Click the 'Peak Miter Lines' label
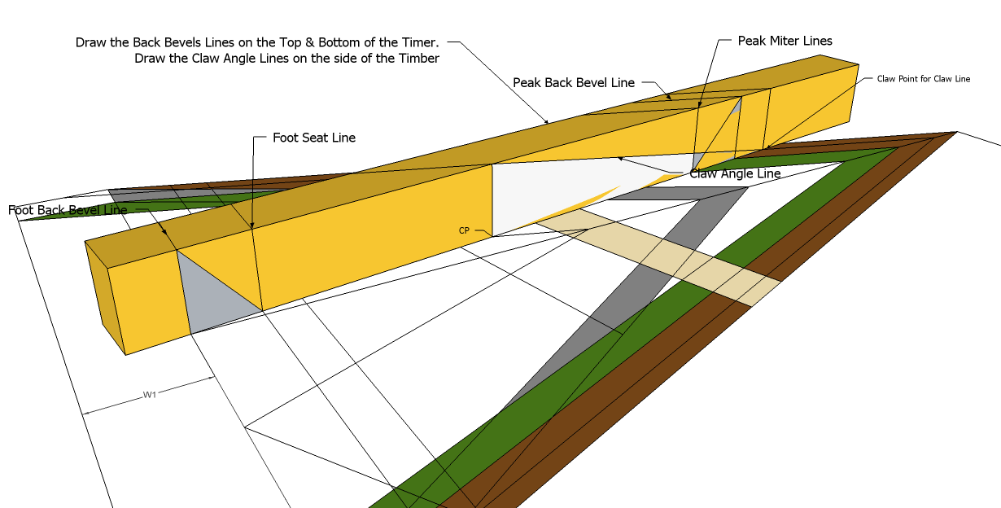(785, 41)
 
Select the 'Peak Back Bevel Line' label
(574, 83)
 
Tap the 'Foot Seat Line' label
(314, 138)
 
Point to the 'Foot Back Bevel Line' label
(68, 210)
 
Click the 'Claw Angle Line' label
(735, 173)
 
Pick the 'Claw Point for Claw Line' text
(924, 79)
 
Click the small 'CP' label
(464, 230)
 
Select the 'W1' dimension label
(150, 395)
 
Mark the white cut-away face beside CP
(553, 191)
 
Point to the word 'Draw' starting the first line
(91, 42)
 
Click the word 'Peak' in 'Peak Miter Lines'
(752, 41)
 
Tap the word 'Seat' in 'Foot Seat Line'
(316, 138)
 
